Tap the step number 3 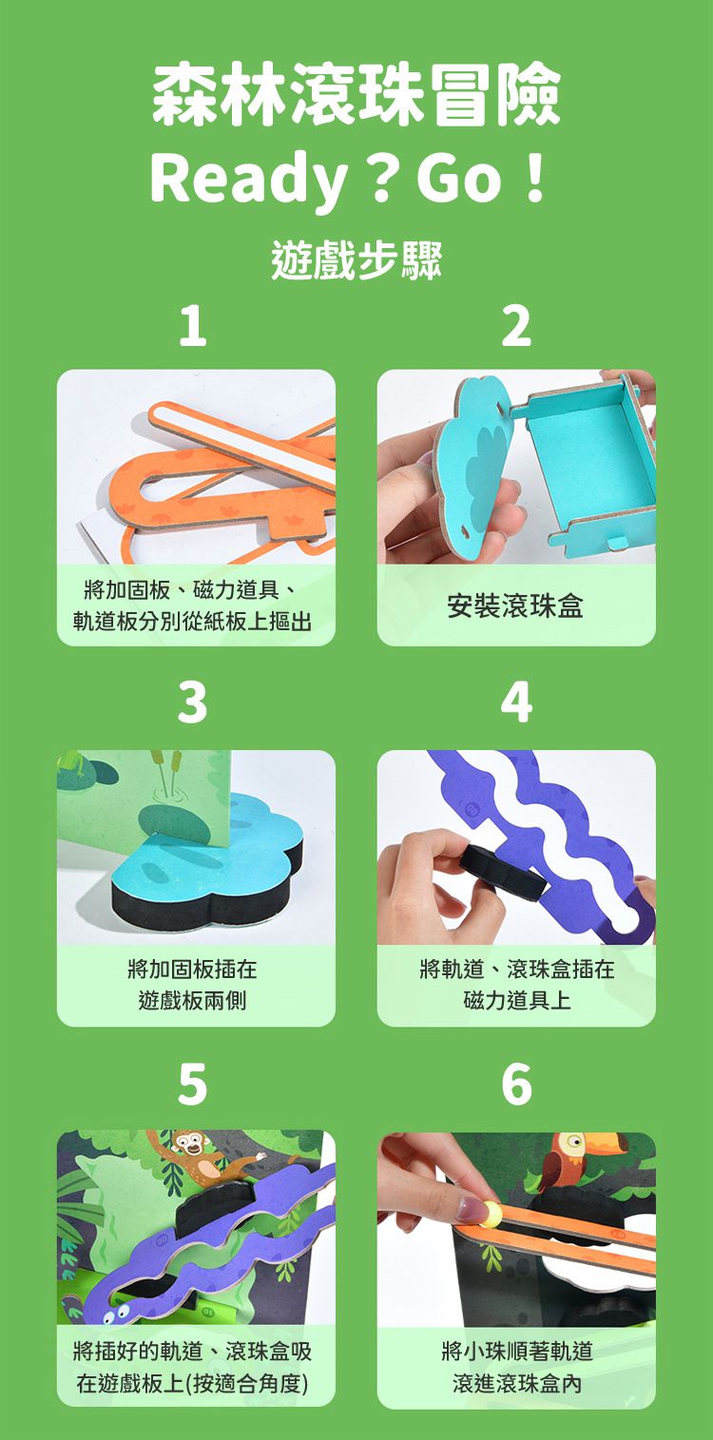(193, 704)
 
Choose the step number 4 (516, 704)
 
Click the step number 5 (193, 1085)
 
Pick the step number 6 (516, 1085)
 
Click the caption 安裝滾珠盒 (516, 605)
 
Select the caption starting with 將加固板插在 (193, 985)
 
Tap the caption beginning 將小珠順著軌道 (516, 1367)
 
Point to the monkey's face (188, 1144)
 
